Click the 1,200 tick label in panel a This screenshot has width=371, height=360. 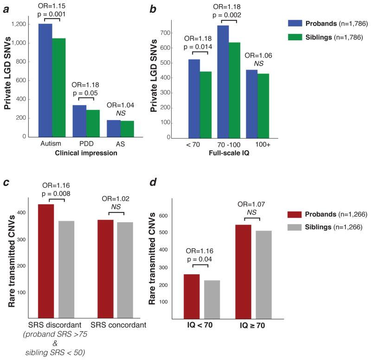[x=22, y=24]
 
